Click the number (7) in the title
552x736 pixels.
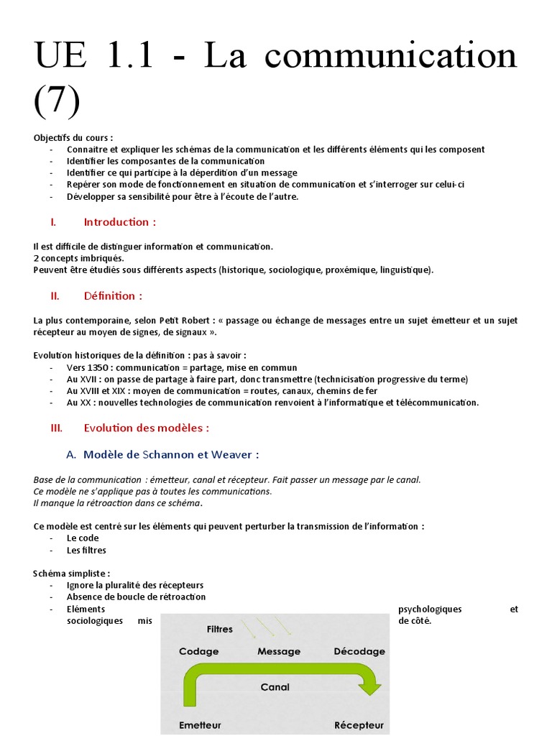pos(57,100)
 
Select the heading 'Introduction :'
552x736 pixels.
pos(119,222)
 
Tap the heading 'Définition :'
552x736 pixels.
pos(113,295)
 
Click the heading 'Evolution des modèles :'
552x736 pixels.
pos(146,428)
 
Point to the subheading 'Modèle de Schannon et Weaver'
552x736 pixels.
pos(171,454)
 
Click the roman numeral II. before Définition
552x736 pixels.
pos(55,295)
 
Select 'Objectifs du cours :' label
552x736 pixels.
pos(73,138)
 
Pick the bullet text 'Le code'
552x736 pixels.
pos(83,538)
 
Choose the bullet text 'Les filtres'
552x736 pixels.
pos(86,551)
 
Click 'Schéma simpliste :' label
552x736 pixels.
pos(72,574)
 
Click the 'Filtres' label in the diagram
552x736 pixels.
pos(219,629)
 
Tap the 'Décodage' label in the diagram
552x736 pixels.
pos(359,651)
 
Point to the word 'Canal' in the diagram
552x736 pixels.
pos(275,687)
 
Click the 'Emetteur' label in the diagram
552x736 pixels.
pos(200,724)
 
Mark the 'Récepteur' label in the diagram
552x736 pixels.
pos(359,724)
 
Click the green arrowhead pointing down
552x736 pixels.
pos(370,688)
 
